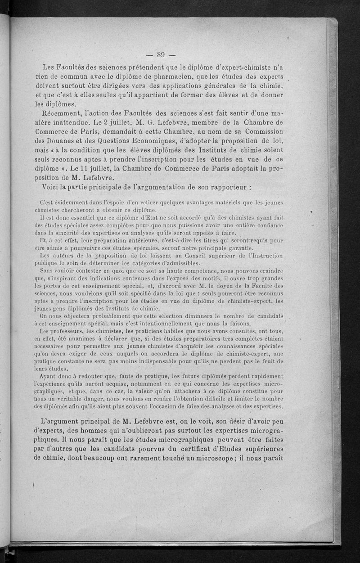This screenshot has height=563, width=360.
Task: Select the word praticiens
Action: [x=135, y=331]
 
